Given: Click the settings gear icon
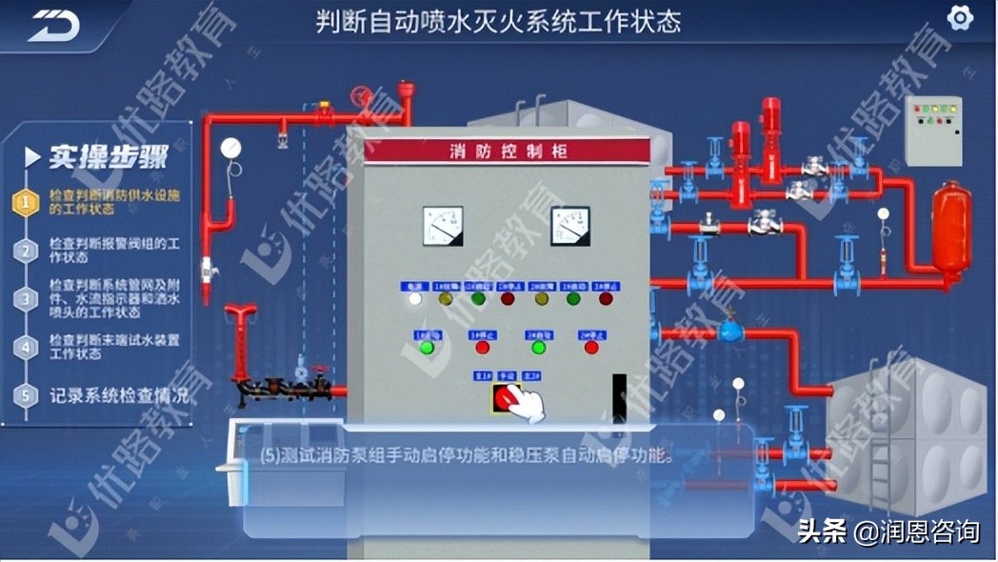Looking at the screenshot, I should (x=959, y=17).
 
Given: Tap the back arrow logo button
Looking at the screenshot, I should (x=53, y=25).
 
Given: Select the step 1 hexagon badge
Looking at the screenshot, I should (x=27, y=202).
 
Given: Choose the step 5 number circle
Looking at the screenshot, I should (x=27, y=394).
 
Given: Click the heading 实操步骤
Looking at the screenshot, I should (x=109, y=156).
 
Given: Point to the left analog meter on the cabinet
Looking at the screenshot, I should (x=443, y=226).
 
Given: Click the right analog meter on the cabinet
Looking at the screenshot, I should (x=569, y=226).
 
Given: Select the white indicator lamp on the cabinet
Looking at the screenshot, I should (x=414, y=299).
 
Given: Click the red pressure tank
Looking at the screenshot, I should (x=950, y=229).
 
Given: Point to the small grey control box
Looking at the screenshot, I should (x=932, y=130).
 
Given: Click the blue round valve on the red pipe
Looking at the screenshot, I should (x=730, y=331).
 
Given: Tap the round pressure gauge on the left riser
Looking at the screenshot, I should (x=230, y=148).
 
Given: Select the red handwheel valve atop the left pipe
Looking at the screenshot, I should (x=361, y=96).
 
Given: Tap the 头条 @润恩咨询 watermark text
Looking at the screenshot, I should (x=888, y=531).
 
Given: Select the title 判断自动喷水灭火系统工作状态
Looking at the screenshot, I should (x=498, y=21).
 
